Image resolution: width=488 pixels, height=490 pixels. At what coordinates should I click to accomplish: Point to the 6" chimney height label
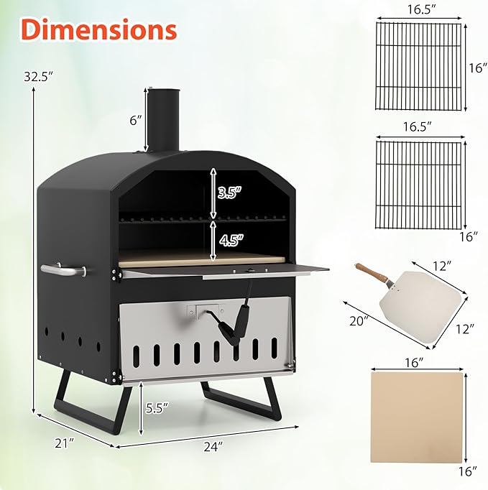pos(136,121)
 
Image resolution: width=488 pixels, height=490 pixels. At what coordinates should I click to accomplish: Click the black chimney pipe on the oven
pos(164,119)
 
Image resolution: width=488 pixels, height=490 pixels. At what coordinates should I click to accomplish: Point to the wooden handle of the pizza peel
pos(372,273)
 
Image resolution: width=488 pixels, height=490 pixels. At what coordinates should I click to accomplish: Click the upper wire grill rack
pos(418,66)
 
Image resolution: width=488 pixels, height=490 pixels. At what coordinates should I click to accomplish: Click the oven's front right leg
pos(270,402)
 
